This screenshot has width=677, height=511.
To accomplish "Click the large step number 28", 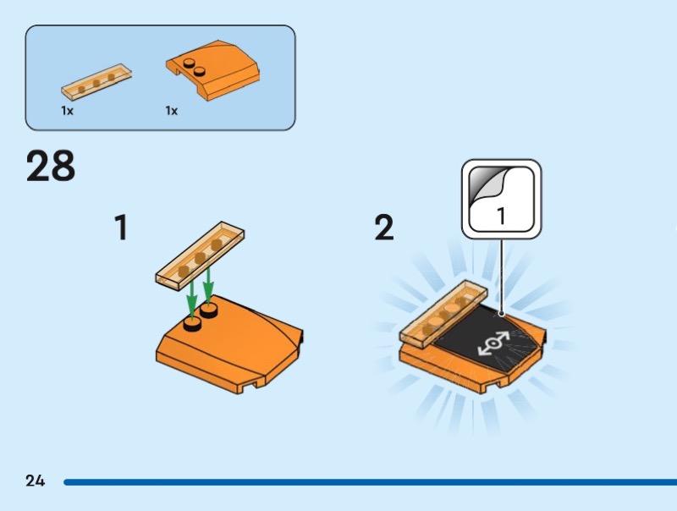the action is click(x=51, y=166).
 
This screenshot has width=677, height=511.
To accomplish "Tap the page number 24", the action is click(x=35, y=481).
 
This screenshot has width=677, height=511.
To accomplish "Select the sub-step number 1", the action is click(x=121, y=228).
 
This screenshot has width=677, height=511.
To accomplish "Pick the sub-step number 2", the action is click(x=384, y=228).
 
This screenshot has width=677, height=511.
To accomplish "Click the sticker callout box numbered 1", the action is click(x=501, y=199).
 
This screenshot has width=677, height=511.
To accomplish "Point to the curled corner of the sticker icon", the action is click(x=486, y=184).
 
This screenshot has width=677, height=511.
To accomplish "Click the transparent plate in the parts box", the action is click(x=96, y=81).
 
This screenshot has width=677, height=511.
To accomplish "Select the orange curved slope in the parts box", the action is click(x=213, y=70).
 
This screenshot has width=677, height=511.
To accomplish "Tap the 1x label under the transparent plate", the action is click(x=68, y=111).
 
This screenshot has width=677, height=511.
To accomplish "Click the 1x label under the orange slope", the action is click(x=172, y=111).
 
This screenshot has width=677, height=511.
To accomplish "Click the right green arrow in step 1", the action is click(x=208, y=286).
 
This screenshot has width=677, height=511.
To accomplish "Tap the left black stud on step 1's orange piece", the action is click(x=192, y=324).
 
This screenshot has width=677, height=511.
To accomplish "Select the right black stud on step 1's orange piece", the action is click(x=208, y=310).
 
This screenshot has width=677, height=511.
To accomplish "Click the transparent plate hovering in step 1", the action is click(x=200, y=253).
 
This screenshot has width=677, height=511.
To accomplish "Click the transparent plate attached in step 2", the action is click(x=443, y=314).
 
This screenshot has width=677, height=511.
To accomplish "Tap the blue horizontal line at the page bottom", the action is click(x=370, y=482).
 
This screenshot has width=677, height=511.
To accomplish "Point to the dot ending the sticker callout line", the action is click(x=501, y=314).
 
